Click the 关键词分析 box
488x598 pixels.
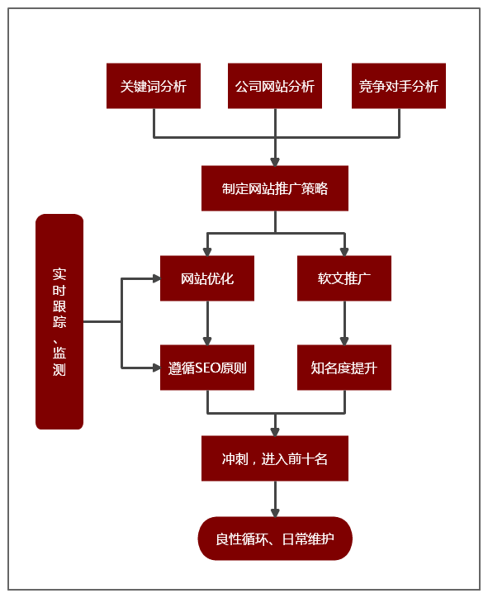click(x=154, y=86)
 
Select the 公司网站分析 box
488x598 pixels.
click(x=275, y=86)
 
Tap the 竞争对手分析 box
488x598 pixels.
click(x=399, y=86)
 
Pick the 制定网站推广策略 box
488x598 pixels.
click(x=275, y=188)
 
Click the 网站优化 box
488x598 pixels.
click(x=207, y=278)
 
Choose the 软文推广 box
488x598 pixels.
click(x=344, y=278)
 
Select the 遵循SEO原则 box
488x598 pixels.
click(x=207, y=368)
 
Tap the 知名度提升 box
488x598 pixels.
click(x=344, y=368)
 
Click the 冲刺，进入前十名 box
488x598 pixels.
click(x=275, y=458)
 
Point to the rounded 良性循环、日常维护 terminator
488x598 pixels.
click(x=275, y=539)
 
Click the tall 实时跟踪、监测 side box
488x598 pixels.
click(x=59, y=322)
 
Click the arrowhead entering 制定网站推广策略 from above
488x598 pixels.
click(x=275, y=160)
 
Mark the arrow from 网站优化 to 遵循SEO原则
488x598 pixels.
click(x=207, y=323)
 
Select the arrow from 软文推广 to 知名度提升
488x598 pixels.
click(x=344, y=323)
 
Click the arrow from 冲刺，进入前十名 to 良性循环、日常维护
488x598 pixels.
click(x=275, y=499)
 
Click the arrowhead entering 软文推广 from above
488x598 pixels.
click(x=344, y=250)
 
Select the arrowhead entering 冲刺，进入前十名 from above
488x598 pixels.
click(x=275, y=430)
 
